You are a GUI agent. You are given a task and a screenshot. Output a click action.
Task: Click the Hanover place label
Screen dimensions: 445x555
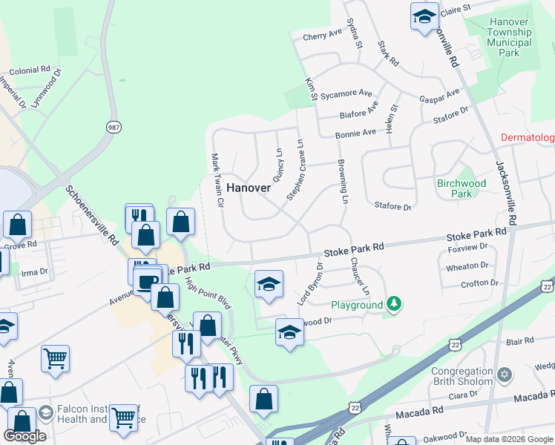(249, 188)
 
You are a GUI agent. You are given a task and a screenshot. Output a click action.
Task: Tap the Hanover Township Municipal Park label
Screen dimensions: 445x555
(509, 37)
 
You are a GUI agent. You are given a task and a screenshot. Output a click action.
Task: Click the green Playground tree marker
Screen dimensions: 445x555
(395, 304)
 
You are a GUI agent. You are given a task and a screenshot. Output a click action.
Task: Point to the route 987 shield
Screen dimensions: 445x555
(114, 128)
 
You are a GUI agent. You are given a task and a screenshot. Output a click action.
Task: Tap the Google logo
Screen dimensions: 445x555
(24, 435)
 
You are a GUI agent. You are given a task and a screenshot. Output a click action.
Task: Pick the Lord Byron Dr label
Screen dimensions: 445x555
(312, 285)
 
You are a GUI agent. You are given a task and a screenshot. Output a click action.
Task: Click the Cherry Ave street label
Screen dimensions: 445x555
(322, 35)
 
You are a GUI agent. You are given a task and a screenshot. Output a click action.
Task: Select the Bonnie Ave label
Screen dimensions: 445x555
(355, 135)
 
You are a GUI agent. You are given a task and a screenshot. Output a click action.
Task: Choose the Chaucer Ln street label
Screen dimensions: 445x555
(361, 275)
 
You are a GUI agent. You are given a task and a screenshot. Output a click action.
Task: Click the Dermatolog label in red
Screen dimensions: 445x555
(528, 138)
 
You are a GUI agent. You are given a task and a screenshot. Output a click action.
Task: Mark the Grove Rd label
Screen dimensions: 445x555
(20, 245)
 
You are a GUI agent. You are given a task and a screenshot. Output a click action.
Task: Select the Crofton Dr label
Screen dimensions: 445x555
(479, 283)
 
